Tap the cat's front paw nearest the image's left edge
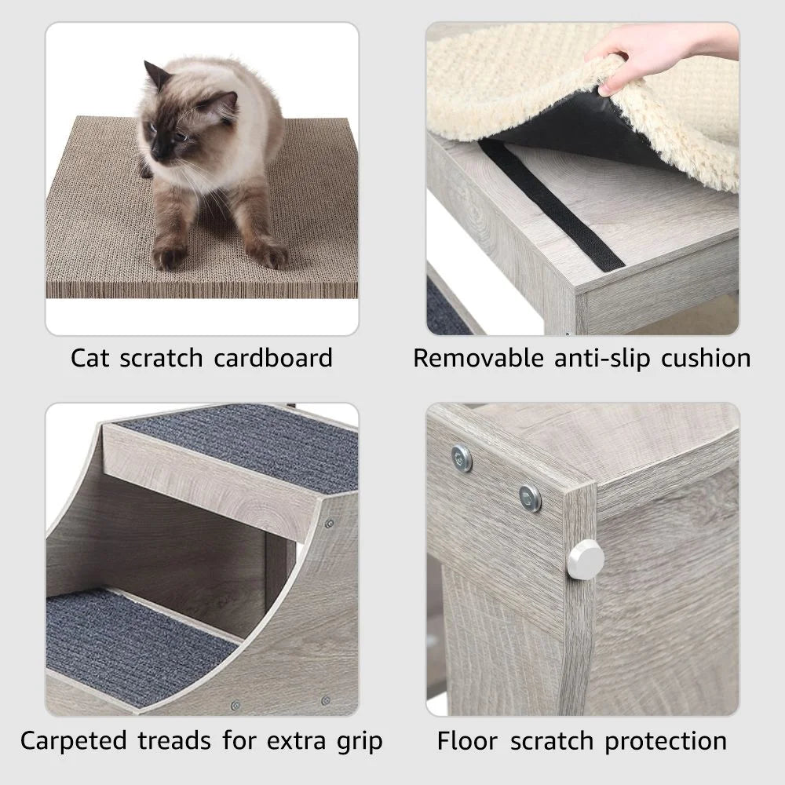170,256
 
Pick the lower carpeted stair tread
126,636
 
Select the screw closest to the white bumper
531,496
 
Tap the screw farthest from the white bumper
461,456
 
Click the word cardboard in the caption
273,358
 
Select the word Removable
478,358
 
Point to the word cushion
705,358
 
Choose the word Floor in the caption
467,740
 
